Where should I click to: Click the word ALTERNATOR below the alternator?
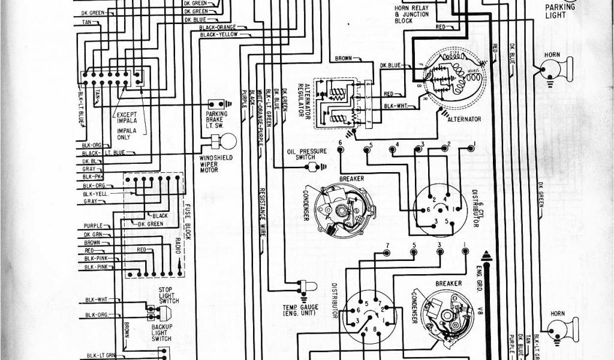(464, 119)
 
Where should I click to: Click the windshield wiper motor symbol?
(228, 142)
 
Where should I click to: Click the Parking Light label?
(560, 11)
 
